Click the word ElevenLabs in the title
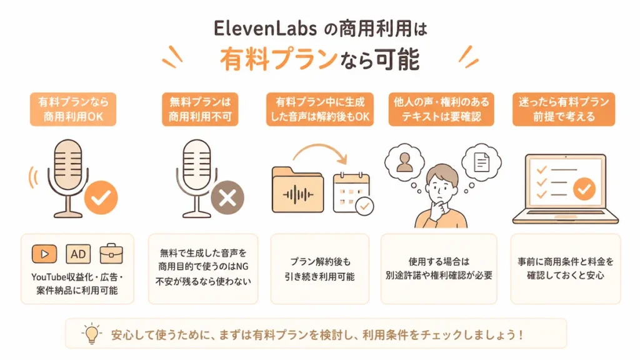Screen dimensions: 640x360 265,29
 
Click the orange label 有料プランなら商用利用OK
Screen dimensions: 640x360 73,109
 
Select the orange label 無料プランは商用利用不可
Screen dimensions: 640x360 200,109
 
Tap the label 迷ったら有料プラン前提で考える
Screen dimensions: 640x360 564,109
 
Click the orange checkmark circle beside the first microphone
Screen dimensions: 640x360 101,197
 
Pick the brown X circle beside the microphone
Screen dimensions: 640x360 227,198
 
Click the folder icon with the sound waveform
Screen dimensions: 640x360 297,190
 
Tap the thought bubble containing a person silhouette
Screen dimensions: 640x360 404,162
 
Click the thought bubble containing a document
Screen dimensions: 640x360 482,162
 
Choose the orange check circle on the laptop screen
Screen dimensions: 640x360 584,189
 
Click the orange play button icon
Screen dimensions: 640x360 44,254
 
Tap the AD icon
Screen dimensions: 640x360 78,254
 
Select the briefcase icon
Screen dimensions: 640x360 111,254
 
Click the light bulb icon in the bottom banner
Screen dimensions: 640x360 92,334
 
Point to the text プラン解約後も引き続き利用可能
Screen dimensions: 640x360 319,269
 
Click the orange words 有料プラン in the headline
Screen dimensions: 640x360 279,59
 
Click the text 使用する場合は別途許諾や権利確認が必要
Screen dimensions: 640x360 439,268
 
